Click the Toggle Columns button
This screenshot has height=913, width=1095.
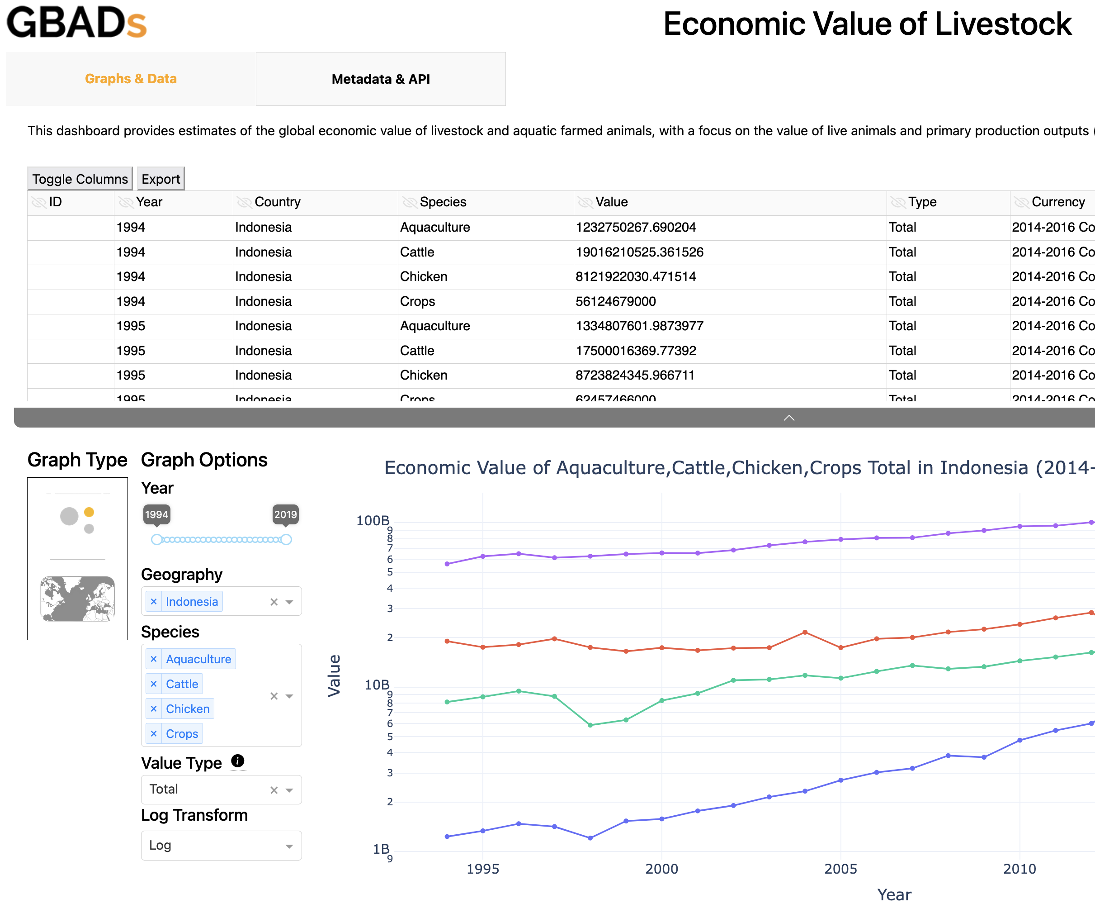(80, 179)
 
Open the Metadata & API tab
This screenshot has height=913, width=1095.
(381, 79)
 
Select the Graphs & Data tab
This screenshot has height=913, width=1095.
(130, 79)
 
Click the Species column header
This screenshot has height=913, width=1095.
(443, 202)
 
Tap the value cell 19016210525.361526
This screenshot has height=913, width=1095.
(639, 252)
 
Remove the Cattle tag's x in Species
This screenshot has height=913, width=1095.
(154, 684)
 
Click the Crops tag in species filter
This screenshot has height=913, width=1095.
(182, 733)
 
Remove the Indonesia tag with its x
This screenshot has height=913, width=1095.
(154, 602)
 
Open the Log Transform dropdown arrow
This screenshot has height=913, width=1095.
(289, 846)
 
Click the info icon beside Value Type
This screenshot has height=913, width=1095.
(238, 761)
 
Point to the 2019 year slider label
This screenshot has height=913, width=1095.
(285, 514)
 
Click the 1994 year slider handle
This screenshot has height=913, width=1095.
(156, 539)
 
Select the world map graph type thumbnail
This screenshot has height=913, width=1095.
(78, 599)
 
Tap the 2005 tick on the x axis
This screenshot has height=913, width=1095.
(840, 869)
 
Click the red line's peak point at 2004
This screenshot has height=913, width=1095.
(805, 632)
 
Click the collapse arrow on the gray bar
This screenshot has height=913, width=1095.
(789, 418)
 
